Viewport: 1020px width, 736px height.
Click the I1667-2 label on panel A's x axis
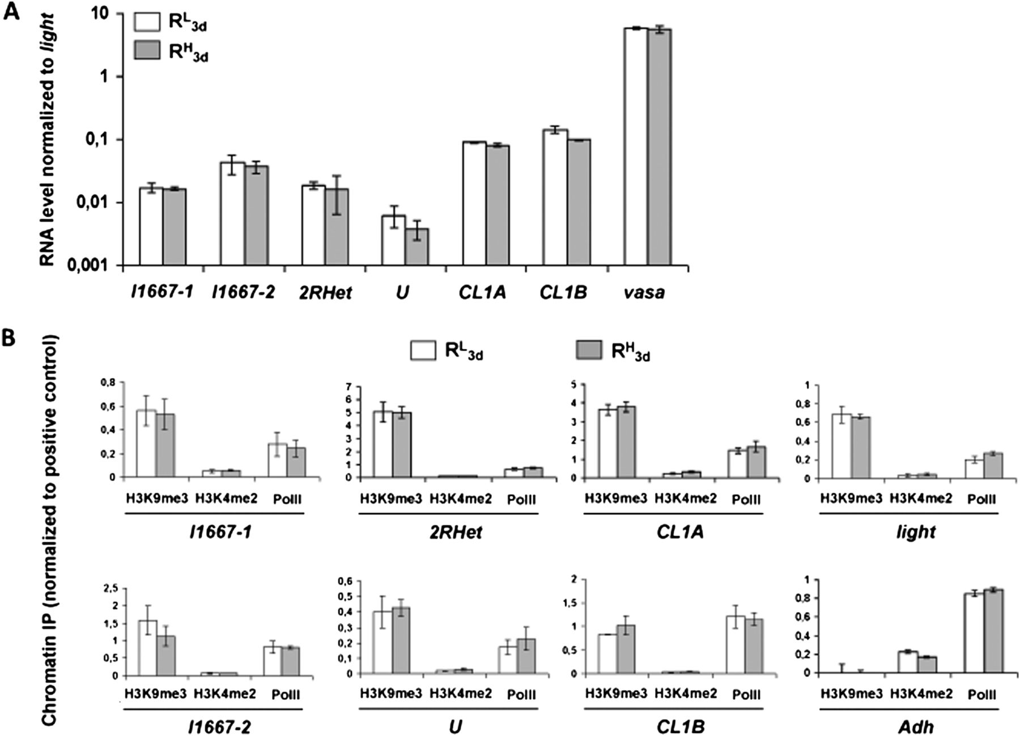click(x=243, y=293)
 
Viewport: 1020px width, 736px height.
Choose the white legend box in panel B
click(x=423, y=350)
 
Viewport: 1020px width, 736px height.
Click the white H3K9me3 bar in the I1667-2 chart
click(x=148, y=648)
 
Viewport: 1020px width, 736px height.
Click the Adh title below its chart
click(x=912, y=726)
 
